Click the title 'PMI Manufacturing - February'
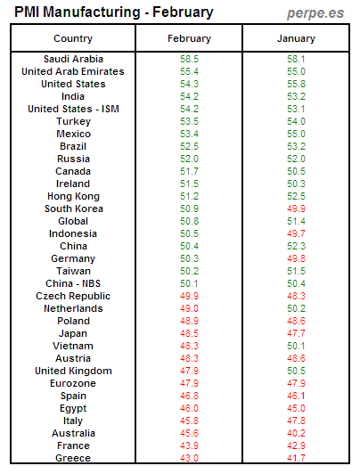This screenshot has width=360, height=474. [114, 12]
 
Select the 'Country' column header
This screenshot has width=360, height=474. [72, 38]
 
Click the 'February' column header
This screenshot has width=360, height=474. [189, 38]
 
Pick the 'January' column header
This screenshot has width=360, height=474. [296, 38]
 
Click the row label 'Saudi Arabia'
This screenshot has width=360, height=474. [72, 59]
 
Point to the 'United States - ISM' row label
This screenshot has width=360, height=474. [72, 109]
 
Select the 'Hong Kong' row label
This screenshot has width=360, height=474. [72, 196]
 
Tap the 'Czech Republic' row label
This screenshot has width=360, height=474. [72, 296]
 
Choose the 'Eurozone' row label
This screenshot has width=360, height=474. [72, 383]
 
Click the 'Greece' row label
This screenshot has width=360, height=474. [72, 458]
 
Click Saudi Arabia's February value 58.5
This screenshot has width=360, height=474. [189, 59]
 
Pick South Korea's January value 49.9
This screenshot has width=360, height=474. [296, 208]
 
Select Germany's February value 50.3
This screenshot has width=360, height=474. [189, 258]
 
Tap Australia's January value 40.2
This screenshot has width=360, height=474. [296, 433]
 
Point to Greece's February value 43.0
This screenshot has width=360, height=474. [189, 458]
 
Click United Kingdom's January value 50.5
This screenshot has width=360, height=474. [296, 371]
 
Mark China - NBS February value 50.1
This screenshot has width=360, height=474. [189, 283]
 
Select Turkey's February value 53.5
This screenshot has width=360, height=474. [189, 121]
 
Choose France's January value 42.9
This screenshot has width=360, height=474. [296, 445]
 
